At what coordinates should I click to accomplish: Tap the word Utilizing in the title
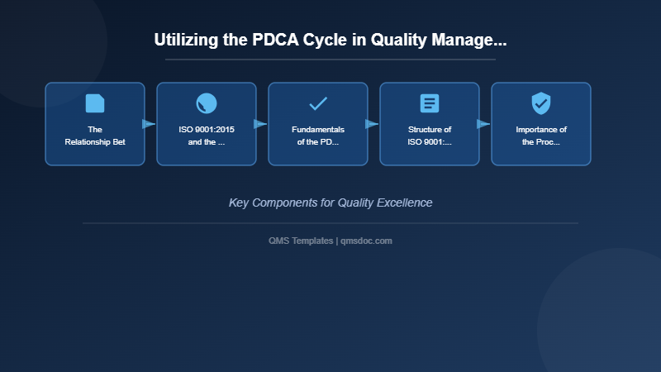[183, 40]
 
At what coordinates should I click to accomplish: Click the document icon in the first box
[95, 103]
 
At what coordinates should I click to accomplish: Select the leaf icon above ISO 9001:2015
[207, 103]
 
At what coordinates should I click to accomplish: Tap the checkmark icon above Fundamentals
[318, 103]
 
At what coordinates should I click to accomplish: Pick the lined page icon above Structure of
[430, 103]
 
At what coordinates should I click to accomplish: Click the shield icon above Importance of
[541, 103]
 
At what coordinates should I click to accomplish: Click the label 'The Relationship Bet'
[95, 136]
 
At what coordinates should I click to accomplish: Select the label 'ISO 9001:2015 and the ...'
[207, 136]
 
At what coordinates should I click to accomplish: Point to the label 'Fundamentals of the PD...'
[318, 136]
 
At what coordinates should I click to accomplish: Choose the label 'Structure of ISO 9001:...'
[430, 136]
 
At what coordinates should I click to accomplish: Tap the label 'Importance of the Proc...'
[541, 136]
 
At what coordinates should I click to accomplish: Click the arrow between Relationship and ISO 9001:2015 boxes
[150, 124]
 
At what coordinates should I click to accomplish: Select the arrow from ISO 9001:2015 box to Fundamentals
[261, 124]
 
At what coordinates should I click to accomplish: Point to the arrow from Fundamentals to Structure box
[373, 124]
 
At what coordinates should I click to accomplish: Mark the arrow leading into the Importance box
[484, 124]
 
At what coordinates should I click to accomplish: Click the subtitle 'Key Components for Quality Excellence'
[330, 203]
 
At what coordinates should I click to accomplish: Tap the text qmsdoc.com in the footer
[366, 241]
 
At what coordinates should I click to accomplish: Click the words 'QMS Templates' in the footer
[301, 241]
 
